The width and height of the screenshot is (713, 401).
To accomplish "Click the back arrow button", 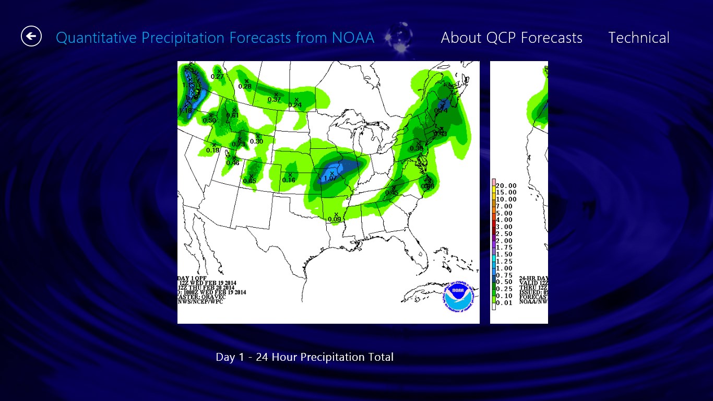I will [x=31, y=36].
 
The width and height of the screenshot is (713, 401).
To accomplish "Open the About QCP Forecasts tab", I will [x=512, y=38].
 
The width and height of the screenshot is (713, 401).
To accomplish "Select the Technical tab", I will [x=638, y=38].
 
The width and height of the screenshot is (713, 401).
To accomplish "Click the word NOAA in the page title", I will [x=353, y=38].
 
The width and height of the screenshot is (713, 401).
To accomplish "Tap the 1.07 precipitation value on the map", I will [x=330, y=179].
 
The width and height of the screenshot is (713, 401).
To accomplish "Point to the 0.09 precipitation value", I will [x=334, y=219].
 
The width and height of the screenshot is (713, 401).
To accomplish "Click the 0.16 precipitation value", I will [x=289, y=180].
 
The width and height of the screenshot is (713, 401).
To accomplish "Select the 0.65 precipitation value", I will [x=249, y=181].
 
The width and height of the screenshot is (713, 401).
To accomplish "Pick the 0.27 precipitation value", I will [x=217, y=76].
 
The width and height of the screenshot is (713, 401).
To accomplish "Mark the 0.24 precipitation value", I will [x=295, y=105].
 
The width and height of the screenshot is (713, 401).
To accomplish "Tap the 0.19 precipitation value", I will [x=213, y=150].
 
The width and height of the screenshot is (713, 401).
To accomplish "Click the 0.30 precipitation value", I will [x=256, y=141].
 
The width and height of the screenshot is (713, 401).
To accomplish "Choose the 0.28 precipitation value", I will [x=245, y=86].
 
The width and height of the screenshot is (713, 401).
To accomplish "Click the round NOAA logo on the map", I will [x=458, y=297].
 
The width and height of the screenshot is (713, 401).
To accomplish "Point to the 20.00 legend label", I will [x=506, y=185].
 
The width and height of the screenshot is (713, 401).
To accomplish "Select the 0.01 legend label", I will [x=506, y=302].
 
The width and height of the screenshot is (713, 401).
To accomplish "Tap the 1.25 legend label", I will [x=506, y=261].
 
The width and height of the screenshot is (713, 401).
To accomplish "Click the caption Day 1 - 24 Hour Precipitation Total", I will [x=304, y=357].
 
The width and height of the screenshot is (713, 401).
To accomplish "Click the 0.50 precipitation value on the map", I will [x=209, y=121].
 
